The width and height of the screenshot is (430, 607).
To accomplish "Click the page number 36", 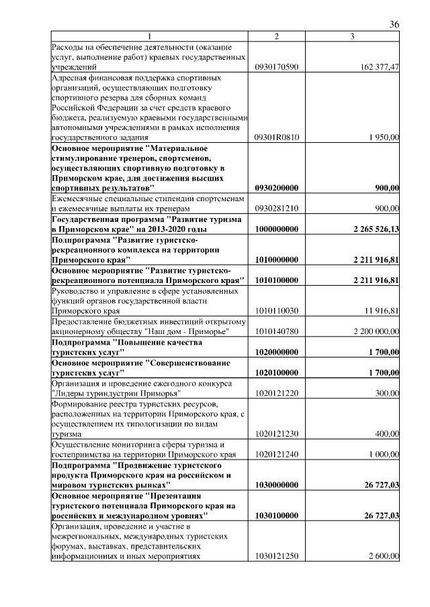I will [394, 24].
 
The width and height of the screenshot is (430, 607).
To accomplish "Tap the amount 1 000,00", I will [384, 455].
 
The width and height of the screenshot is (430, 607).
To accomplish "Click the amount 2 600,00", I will [384, 557].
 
